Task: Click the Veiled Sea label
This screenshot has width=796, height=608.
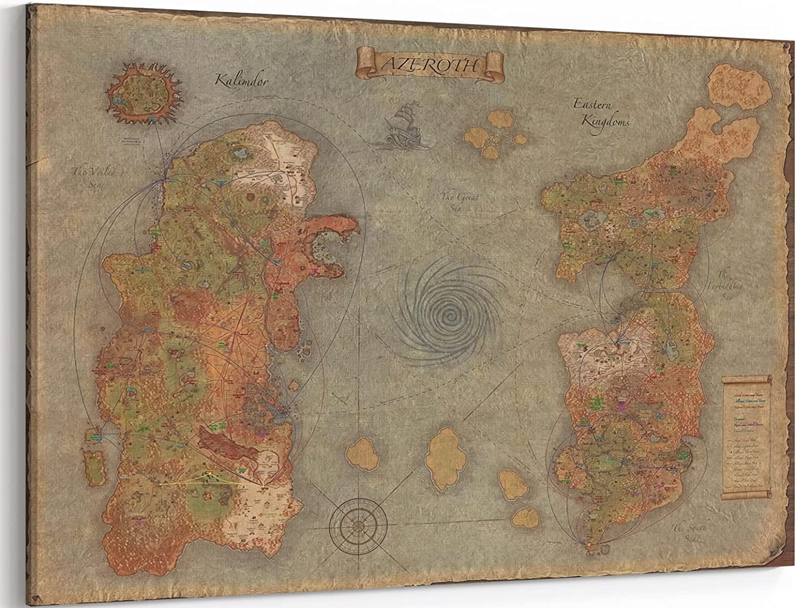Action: coord(93,175)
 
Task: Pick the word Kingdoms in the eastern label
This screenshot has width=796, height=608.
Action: coord(605,120)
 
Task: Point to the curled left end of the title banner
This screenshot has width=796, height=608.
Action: coord(366,58)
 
